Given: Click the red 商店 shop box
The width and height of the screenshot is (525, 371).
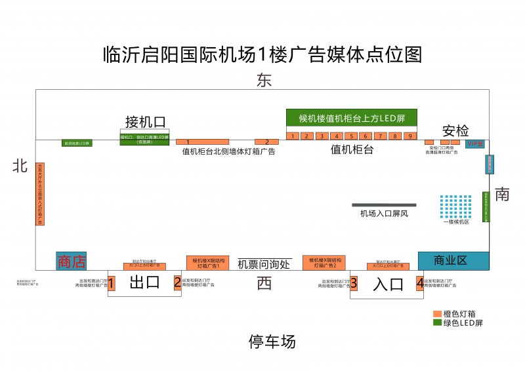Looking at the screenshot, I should point(71,261).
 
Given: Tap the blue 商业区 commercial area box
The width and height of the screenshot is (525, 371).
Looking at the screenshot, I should point(453,260).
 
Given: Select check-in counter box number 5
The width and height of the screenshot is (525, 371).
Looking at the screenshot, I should point(351,136).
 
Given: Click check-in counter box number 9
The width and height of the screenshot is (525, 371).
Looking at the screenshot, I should point(410,136).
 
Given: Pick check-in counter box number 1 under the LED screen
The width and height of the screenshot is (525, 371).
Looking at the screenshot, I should point(292,136).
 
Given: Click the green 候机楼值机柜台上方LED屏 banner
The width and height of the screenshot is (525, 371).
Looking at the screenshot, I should point(351,118).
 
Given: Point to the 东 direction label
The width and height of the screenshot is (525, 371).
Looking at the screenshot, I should point(264,81).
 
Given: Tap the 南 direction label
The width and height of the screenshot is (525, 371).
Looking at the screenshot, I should point(502,194).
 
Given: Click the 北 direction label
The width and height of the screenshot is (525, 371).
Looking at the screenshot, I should point(20,166).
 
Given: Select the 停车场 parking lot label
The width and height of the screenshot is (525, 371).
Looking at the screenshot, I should point(272,342).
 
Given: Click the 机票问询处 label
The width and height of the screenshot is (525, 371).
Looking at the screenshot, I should point(264,264).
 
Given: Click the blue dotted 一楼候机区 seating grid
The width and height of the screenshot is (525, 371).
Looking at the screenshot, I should point(456,206).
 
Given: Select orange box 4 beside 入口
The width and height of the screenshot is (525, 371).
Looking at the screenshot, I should point(419,284).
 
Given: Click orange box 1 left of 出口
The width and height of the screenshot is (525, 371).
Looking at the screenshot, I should point(112,284).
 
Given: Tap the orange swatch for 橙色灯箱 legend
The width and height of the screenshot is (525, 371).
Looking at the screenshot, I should point(438,314).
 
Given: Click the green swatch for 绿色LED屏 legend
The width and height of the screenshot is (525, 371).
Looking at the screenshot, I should point(438,322).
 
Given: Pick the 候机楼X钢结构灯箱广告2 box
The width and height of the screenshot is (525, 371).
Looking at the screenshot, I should point(324,262).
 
